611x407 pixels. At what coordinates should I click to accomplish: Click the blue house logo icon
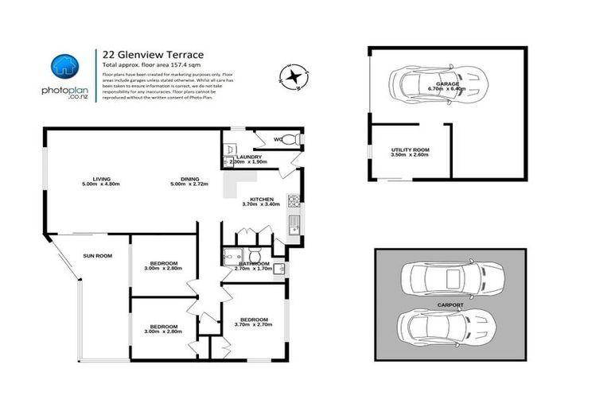pyautogui.click(x=64, y=66)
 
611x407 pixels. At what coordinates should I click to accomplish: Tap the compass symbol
pyautogui.click(x=296, y=77)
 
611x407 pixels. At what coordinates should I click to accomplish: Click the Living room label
pyautogui.click(x=100, y=179)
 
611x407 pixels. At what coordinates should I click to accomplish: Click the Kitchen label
pyautogui.click(x=262, y=199)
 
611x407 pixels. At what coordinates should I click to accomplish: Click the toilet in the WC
pyautogui.click(x=292, y=139)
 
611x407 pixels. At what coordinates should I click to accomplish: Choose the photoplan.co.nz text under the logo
pyautogui.click(x=64, y=91)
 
